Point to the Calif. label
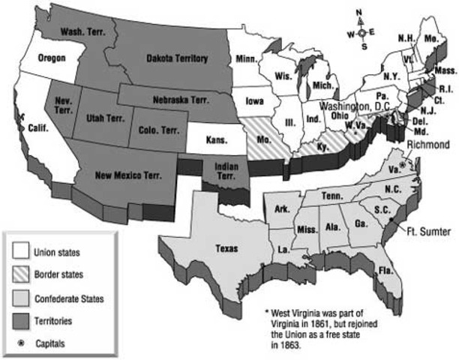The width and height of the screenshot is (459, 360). click(38, 127)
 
